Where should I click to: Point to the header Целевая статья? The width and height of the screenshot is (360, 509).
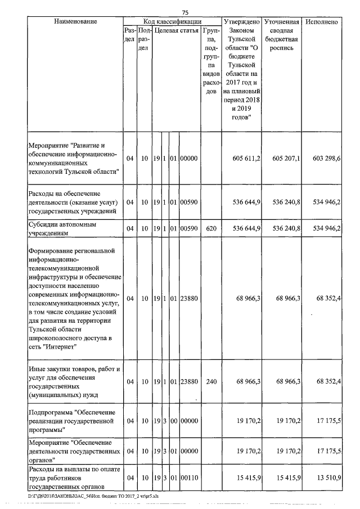[x=175, y=30]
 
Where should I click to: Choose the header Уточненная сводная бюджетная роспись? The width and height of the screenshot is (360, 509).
[x=281, y=35]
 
